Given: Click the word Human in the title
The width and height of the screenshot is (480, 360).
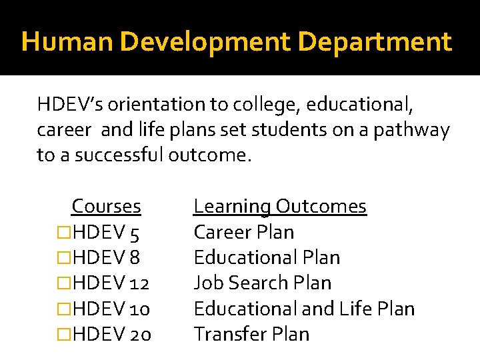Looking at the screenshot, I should coord(58,42).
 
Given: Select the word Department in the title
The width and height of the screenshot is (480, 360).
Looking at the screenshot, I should coord(375,42).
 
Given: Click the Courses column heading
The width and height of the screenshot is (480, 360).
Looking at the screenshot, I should coord(106,207).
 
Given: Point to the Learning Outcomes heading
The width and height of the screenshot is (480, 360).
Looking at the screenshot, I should coord(280,207).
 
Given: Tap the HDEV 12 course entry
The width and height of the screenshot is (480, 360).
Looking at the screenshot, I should coord(111,283).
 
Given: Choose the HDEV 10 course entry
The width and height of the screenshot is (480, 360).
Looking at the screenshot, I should coord(111,309).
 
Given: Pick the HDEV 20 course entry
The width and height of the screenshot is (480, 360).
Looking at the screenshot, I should coord(112,334).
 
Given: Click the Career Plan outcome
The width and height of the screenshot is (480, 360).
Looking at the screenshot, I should coord(243,232).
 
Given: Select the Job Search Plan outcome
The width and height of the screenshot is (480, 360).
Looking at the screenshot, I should coord(262,283).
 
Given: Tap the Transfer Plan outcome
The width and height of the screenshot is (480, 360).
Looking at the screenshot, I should coord(251,333).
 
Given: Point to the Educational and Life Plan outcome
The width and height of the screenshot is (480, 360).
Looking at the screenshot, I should coord(304,309).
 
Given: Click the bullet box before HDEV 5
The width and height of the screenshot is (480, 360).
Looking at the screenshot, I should coord(64,233).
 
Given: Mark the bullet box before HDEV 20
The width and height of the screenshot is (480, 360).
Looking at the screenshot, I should coord(64,334).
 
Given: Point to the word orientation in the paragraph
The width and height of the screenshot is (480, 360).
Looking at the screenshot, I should coord(142,105).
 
